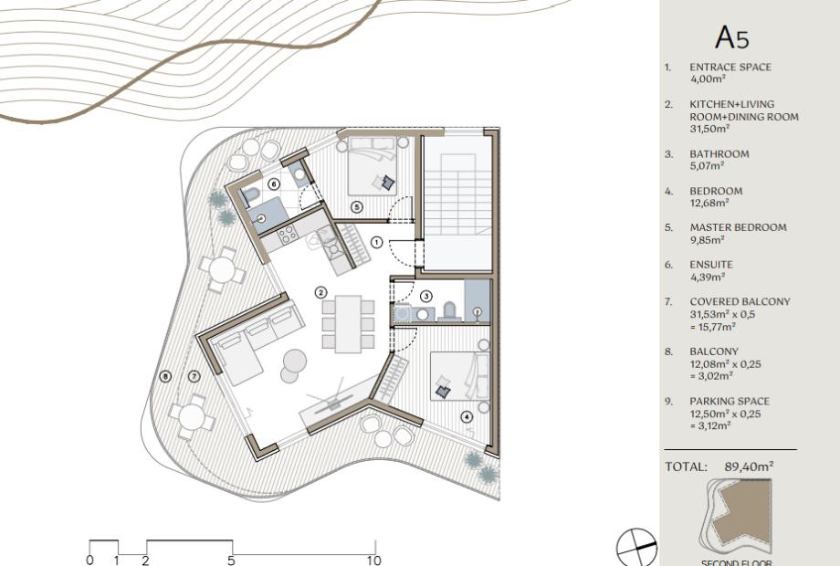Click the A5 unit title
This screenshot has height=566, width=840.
pos(731,37)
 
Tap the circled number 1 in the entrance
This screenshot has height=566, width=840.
pos(377,243)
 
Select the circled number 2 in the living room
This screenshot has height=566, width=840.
pos(320,292)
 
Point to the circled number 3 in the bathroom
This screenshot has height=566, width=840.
pos(425,296)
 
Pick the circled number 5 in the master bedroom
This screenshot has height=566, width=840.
pos(357,206)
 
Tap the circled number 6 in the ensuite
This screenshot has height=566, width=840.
pos(273,184)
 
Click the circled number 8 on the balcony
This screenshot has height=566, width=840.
pos(165,376)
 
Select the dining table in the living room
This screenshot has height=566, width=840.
pos(348,324)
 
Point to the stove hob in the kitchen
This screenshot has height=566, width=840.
pos(287,234)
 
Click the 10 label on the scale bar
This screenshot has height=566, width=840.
pos(374,561)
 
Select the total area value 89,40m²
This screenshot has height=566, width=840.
pos(749,466)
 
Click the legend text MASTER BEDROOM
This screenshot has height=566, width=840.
pos(739,227)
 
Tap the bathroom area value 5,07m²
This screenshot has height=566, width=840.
pos(707,166)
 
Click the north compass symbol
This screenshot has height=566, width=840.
pos(636,547)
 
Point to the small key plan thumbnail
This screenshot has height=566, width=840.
pos(736,517)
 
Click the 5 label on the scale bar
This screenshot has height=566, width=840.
pos(231,561)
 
